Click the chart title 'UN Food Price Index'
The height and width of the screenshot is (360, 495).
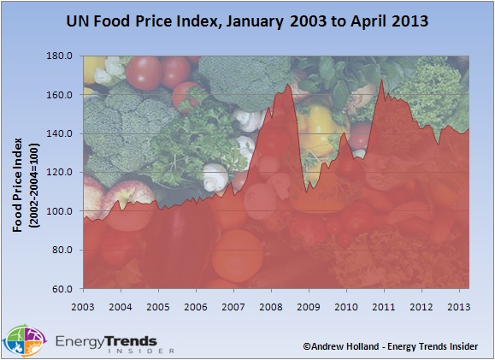(x=247, y=18)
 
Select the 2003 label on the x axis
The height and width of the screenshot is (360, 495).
(x=83, y=306)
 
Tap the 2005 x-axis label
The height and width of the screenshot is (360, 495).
(x=158, y=306)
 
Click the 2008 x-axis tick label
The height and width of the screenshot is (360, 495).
(x=271, y=306)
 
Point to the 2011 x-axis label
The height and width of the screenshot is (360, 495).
(x=383, y=306)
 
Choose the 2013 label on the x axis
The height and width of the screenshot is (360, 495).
(x=458, y=306)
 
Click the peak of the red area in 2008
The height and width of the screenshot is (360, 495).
(x=288, y=84)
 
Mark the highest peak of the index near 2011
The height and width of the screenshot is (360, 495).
(x=381, y=80)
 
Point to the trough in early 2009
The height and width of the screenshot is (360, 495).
(x=307, y=189)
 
